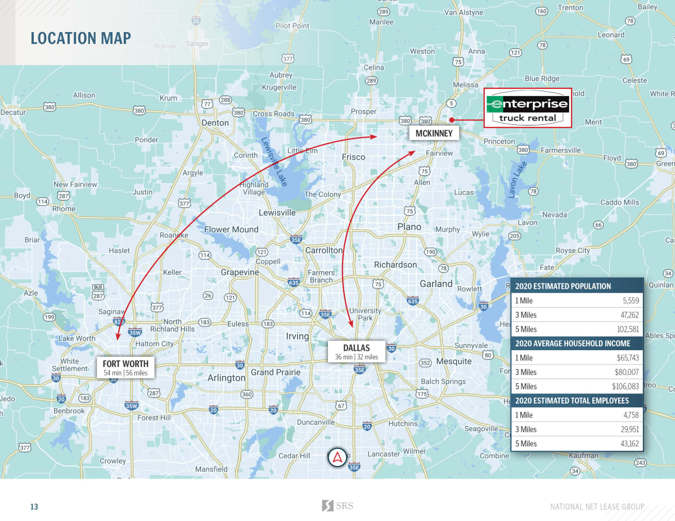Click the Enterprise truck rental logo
528,108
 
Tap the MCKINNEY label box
434,133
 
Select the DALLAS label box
356,352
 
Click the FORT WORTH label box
125,368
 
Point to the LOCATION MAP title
80,38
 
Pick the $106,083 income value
625,386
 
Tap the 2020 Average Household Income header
573,343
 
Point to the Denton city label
215,123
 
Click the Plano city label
409,226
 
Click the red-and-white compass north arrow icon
337,457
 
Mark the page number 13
34,507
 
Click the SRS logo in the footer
337,506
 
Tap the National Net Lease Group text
597,507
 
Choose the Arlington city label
227,378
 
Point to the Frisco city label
353,157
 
